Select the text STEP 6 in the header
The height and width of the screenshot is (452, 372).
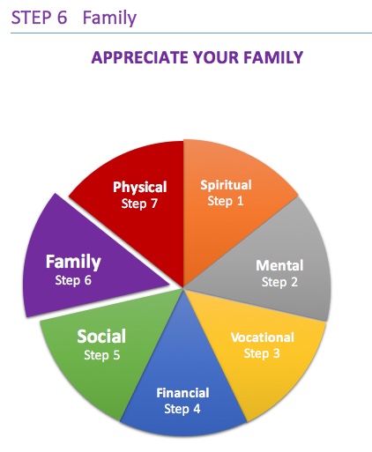point(39,18)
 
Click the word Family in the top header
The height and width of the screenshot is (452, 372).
point(109,19)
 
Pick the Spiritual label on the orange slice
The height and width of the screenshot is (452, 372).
point(226,185)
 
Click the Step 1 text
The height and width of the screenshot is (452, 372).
point(226,201)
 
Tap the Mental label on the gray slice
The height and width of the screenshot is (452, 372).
point(279,265)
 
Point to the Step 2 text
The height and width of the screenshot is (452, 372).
point(279,282)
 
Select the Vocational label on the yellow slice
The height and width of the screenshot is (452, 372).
point(263,337)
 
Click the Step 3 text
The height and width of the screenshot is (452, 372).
point(262,353)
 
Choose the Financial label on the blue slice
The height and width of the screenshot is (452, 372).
point(182,393)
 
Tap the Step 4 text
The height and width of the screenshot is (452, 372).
point(182,409)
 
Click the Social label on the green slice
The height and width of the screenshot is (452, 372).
point(101,337)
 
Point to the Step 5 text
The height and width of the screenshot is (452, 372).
point(102,355)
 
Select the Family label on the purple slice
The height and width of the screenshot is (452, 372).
point(73,263)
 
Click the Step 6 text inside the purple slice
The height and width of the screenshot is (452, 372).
point(73,280)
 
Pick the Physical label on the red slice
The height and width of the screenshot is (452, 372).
point(140,188)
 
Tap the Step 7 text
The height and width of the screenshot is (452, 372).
point(139,204)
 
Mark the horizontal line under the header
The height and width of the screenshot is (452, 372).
point(191,33)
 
